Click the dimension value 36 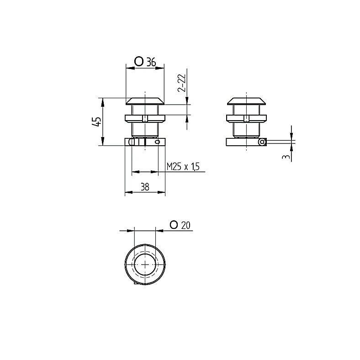click(x=151, y=62)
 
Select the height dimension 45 click(x=97, y=122)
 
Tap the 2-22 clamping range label click(x=182, y=83)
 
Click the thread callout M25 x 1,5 click(x=183, y=166)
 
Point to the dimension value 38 click(x=145, y=187)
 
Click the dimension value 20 click(x=185, y=225)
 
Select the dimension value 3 click(x=286, y=157)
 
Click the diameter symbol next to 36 click(x=139, y=62)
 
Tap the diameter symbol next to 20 click(x=174, y=224)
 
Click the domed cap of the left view click(x=145, y=101)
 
